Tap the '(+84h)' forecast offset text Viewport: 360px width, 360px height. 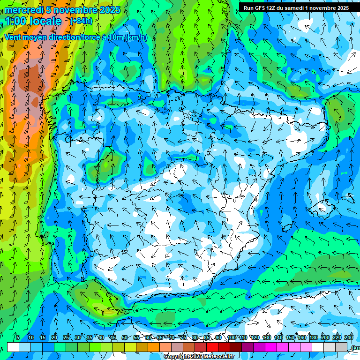(81, 21)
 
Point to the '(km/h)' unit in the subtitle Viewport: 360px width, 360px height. (136, 37)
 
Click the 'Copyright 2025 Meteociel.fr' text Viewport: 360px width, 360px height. (199, 357)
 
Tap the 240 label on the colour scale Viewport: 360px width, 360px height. (348, 337)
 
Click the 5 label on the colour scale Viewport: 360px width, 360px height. (18, 337)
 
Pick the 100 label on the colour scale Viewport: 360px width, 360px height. (231, 337)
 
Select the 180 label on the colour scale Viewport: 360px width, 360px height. (313, 337)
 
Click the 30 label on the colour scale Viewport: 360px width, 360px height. (77, 337)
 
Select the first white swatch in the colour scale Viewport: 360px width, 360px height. (13, 347)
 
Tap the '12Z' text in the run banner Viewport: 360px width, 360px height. (273, 8)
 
